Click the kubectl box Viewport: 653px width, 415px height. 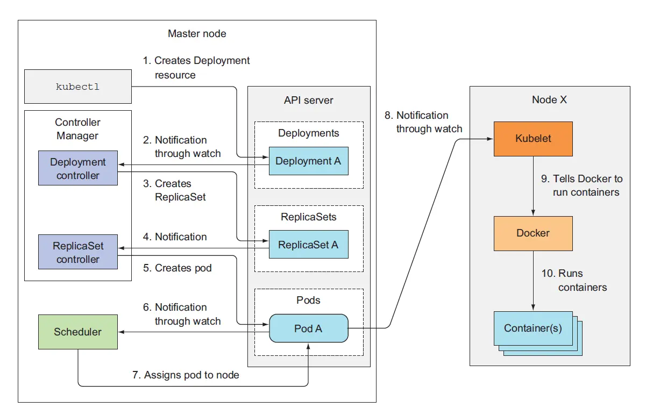[x=78, y=87]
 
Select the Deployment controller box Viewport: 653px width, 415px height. [x=78, y=168]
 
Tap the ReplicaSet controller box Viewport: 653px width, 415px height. [x=78, y=253]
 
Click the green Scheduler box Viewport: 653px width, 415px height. [x=78, y=332]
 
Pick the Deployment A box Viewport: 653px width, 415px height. [x=308, y=161]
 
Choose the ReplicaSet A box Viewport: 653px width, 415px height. [x=308, y=245]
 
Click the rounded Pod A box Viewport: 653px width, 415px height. [x=308, y=328]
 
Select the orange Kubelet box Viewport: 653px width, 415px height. [x=533, y=139]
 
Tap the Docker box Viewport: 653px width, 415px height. [x=533, y=233]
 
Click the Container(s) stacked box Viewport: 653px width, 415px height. [x=533, y=328]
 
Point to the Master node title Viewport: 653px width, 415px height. [x=197, y=33]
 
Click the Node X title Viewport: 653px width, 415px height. [x=549, y=99]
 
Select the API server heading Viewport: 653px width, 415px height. [x=309, y=100]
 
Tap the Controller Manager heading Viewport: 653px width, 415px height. [x=77, y=129]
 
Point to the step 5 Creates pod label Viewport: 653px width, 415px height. [x=178, y=268]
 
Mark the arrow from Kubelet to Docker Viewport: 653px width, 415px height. [x=533, y=186]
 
